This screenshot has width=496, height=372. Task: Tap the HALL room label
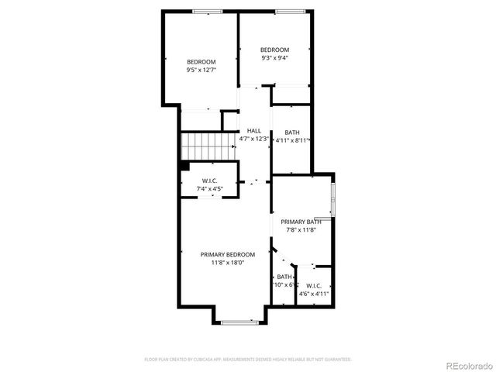pos(254,131)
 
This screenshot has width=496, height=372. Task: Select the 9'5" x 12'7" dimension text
pos(201,71)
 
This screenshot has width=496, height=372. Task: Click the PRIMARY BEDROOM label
pos(227,254)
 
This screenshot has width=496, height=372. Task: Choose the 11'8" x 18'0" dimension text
pos(227,263)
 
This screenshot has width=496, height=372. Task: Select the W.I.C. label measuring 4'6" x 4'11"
pos(314,285)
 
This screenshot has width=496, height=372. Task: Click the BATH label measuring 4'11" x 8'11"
pos(292,133)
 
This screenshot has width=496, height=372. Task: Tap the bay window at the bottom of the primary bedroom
pos(239,322)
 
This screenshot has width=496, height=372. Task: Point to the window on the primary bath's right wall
pos(333,200)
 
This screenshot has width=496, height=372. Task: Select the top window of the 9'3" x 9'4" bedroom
pos(288,12)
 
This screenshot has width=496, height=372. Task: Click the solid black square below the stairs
pos(184,165)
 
